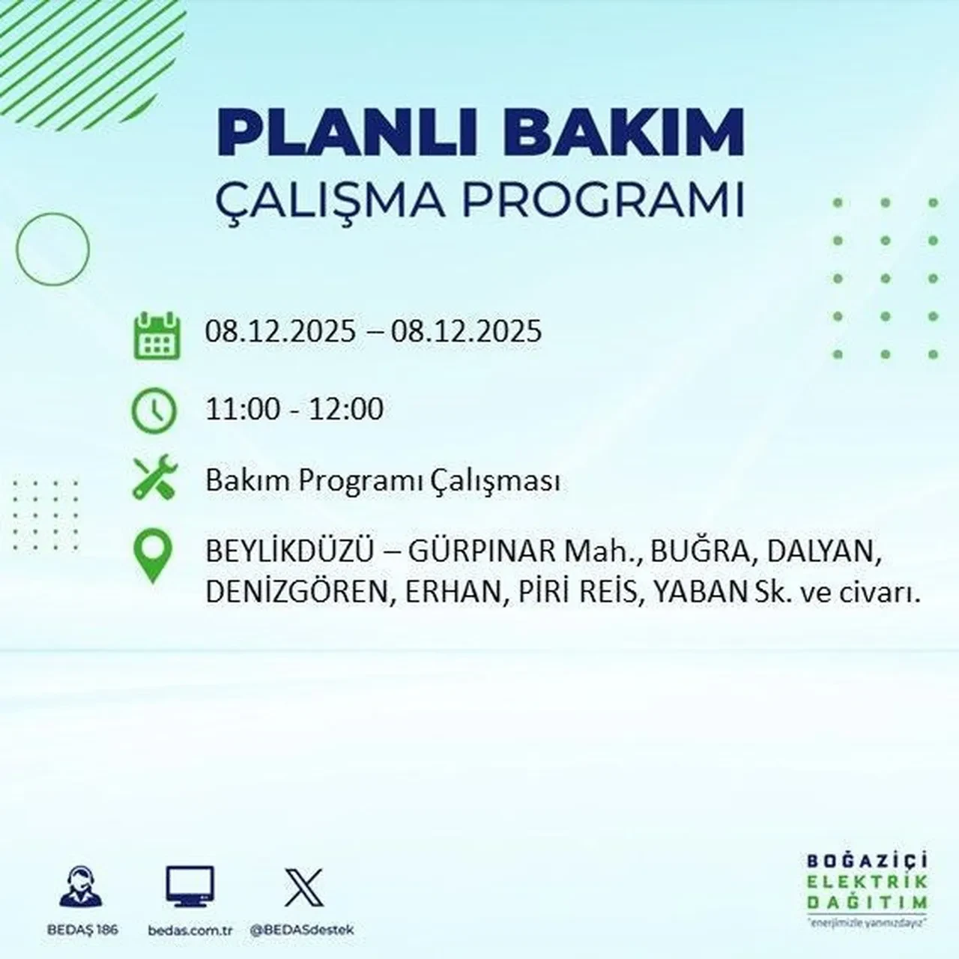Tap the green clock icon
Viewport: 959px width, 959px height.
pos(154,411)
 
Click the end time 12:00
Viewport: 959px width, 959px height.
pos(345,409)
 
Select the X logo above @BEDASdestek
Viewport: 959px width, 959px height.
pos(303,888)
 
